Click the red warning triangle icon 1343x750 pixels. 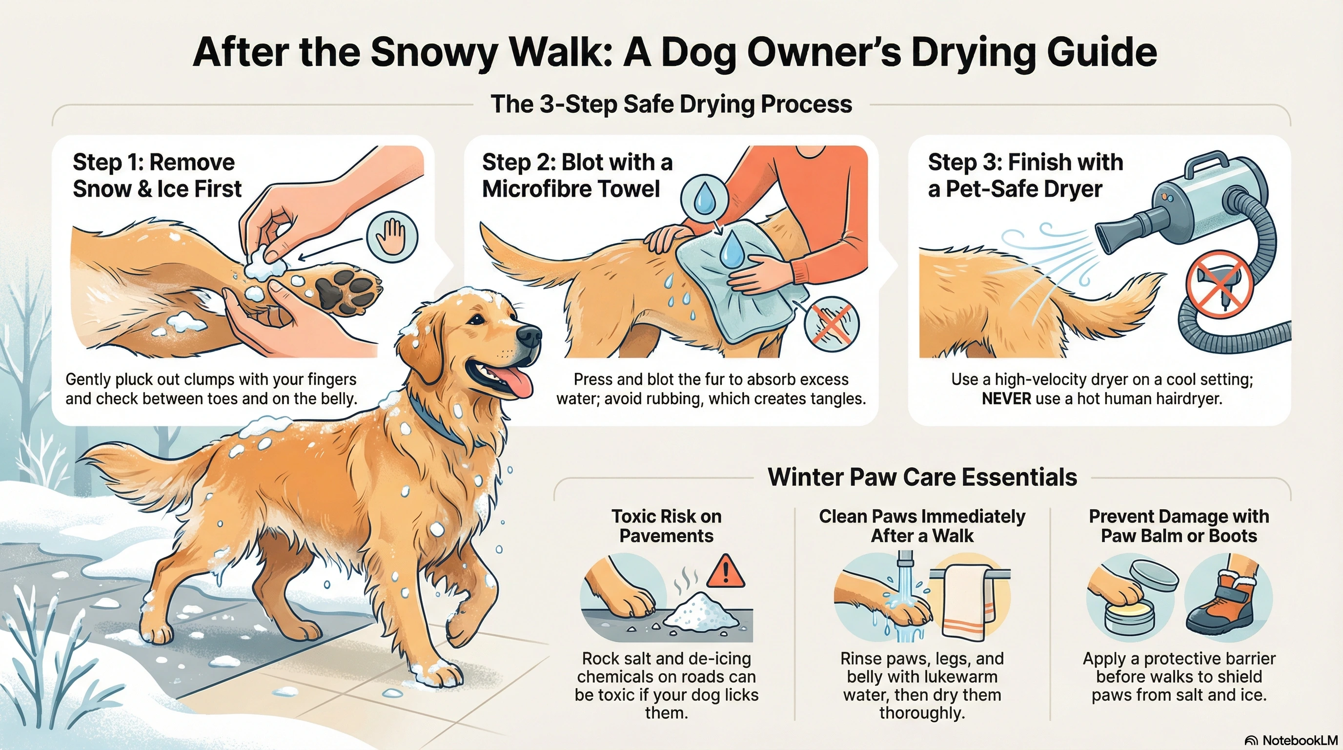(x=725, y=572)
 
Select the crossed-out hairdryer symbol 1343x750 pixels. (x=1219, y=284)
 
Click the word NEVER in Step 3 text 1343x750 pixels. (x=1006, y=399)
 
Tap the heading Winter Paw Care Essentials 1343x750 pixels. (x=922, y=477)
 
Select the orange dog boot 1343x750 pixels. (x=1223, y=605)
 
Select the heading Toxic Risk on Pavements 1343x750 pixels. (x=666, y=526)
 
